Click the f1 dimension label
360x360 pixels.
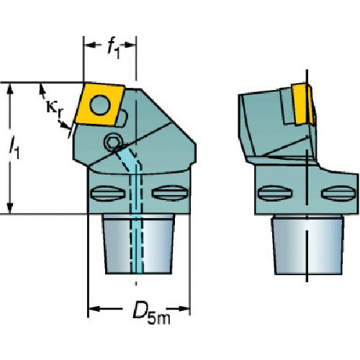point(114,48)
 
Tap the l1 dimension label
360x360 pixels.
point(14,147)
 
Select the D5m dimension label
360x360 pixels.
point(151,312)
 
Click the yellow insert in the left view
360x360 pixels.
point(100,104)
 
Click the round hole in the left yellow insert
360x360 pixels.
point(100,105)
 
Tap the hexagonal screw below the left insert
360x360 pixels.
point(112,143)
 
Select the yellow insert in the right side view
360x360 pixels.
point(302,104)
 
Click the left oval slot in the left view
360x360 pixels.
point(108,193)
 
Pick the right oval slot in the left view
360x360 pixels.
point(169,193)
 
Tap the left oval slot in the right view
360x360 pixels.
point(275,193)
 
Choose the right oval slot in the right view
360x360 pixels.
point(338,193)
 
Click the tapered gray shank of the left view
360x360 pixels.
point(138,244)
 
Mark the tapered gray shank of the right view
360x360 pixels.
point(307,245)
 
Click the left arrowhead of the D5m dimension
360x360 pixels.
point(94,309)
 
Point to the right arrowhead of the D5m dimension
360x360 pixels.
point(184,309)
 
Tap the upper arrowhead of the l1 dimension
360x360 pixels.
point(10,89)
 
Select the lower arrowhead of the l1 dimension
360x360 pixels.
point(10,208)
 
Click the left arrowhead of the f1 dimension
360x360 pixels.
point(89,45)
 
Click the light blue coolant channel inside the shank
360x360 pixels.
point(136,216)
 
